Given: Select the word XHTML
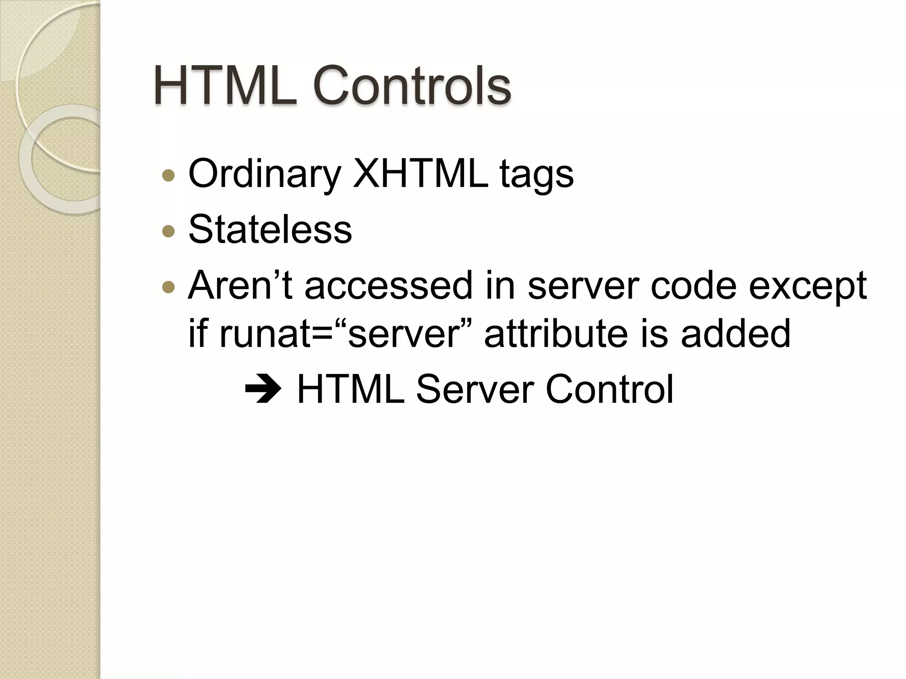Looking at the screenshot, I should (420, 174).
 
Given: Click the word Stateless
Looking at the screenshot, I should (270, 229).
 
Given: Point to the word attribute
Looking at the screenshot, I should (555, 334).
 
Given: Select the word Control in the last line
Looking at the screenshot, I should (609, 389).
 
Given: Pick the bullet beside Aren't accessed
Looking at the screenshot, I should (169, 287).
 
